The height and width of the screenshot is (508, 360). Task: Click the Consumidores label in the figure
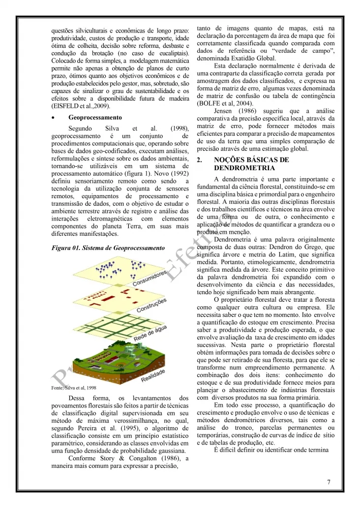point(150,279)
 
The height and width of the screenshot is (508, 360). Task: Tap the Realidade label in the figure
point(153,376)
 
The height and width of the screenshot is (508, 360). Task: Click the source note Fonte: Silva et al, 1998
point(74,388)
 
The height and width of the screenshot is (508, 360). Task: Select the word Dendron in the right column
point(288,246)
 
